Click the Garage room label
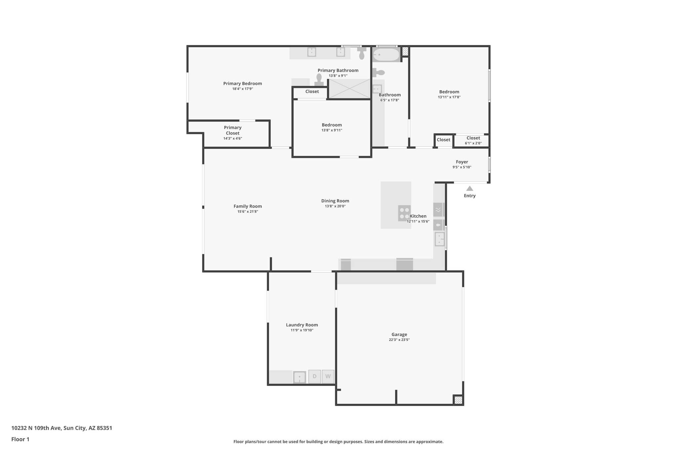(399, 334)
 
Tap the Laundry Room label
(302, 325)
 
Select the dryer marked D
(314, 376)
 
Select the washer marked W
(328, 376)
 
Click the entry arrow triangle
(469, 188)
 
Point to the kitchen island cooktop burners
(404, 213)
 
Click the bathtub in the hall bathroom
(386, 55)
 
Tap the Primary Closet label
(233, 130)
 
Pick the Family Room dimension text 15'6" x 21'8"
(248, 211)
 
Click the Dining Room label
(335, 201)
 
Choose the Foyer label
(462, 162)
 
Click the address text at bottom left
(62, 428)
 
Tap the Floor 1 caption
(20, 439)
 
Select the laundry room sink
(299, 377)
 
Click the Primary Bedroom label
(242, 84)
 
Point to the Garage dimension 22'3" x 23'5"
(399, 340)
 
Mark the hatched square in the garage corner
(458, 400)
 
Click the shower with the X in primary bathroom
(349, 88)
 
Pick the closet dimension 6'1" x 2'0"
(473, 143)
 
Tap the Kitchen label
(418, 216)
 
